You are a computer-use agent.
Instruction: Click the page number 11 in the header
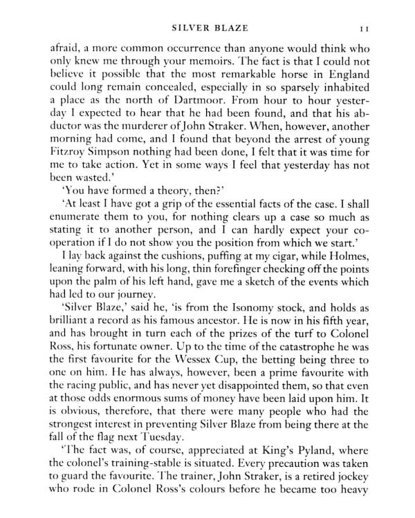[x=370, y=28]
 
